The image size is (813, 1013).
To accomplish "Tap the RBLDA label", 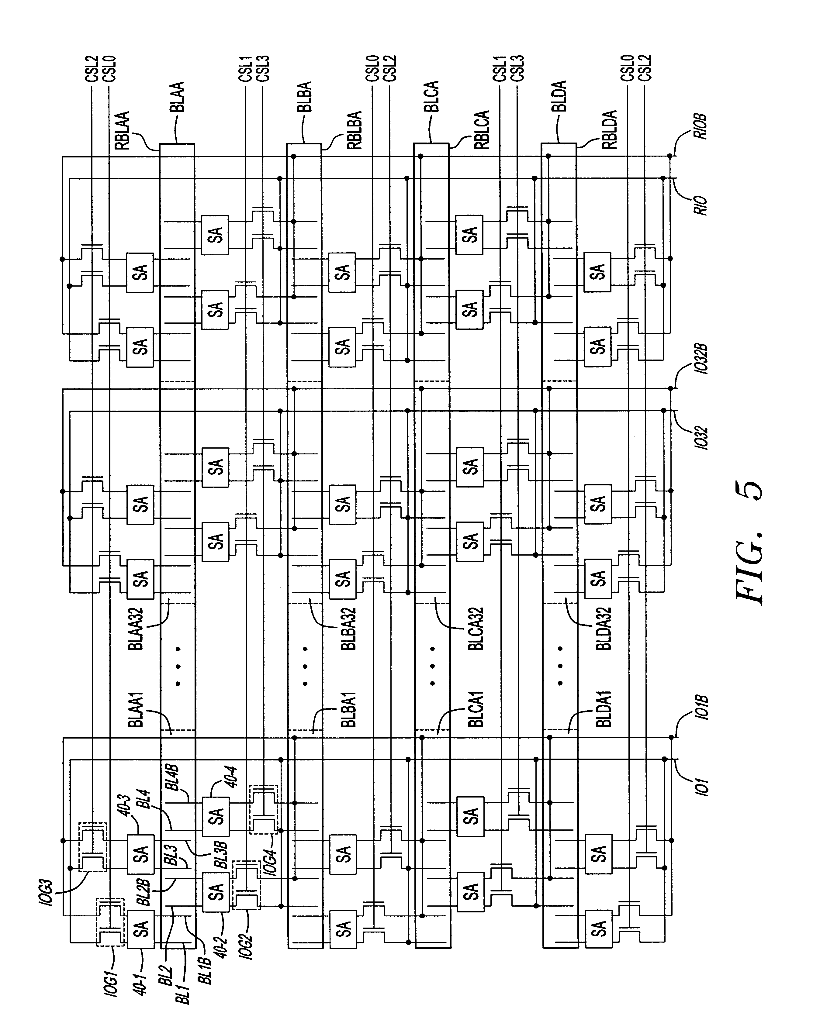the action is click(609, 130).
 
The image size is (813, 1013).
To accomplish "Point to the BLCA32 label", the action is click(476, 629).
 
